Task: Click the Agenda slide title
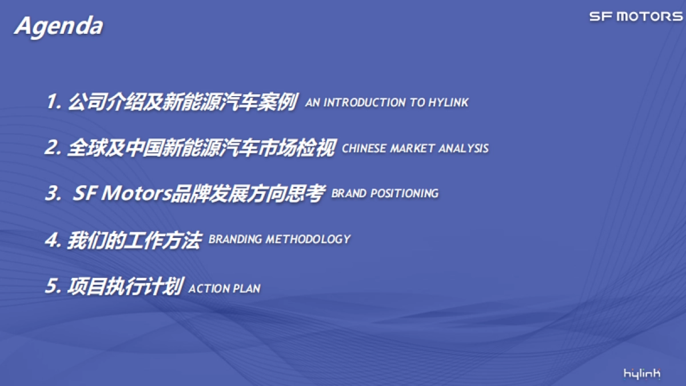point(59,27)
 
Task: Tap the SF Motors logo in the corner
point(636,17)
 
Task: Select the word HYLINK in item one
point(448,102)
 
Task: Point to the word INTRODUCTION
point(365,102)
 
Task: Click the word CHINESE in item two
point(364,149)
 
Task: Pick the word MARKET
point(412,149)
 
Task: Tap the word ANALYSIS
point(464,149)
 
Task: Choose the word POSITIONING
point(404,193)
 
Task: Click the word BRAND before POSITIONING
point(349,193)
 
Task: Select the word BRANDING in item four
point(235,239)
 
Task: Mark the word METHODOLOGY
point(308,239)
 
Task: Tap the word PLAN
point(247,289)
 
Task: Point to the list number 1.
point(53,101)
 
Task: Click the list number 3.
point(53,193)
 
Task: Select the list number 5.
point(53,285)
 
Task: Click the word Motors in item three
point(137,193)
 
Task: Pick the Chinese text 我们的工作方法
point(134,240)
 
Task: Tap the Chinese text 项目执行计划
point(125,286)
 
